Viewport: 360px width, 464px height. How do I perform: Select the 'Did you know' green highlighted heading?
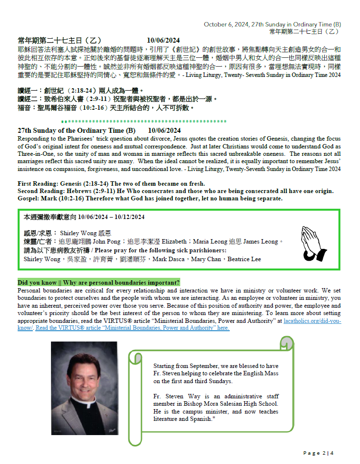(98, 282)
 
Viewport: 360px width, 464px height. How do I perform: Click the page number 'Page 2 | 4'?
(318, 453)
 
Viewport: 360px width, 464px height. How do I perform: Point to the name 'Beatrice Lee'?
(243, 259)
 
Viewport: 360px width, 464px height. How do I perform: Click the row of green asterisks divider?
(144, 121)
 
